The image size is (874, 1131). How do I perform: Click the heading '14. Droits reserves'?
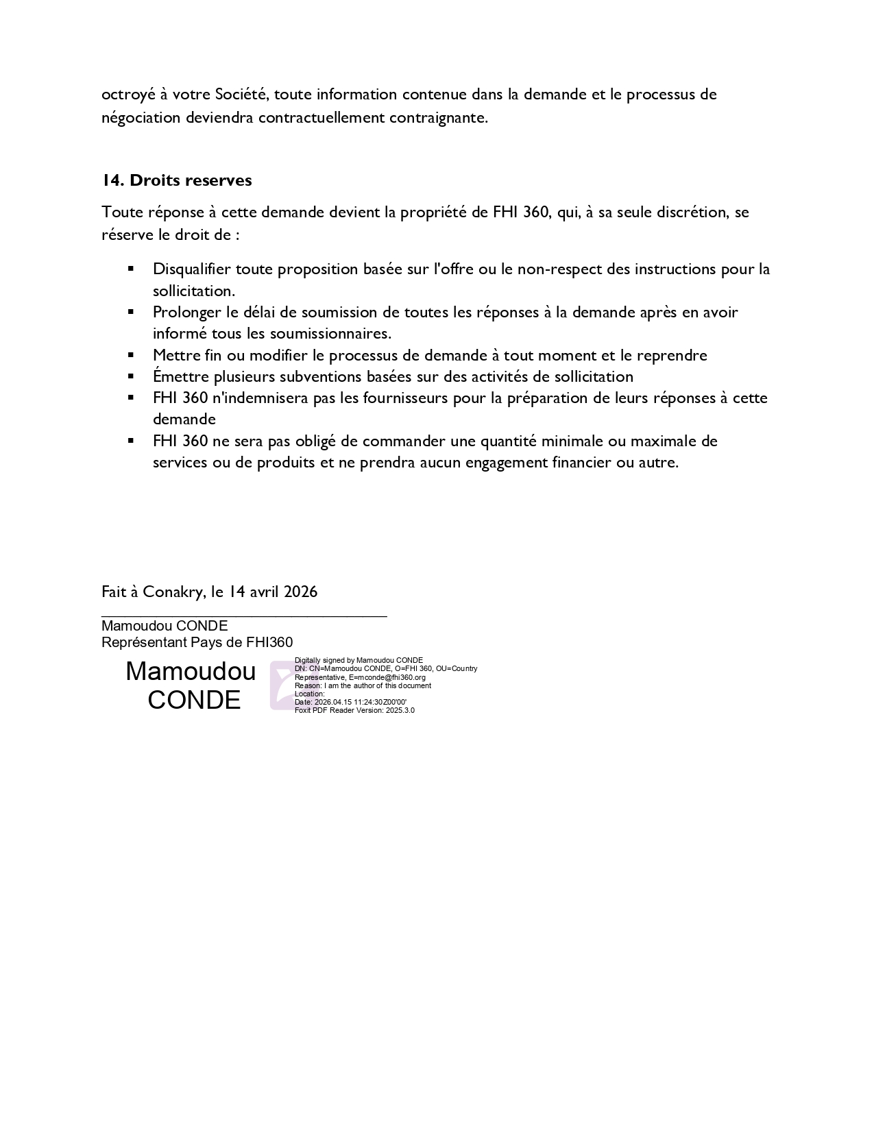coord(177,180)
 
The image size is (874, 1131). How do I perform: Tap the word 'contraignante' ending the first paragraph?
coord(438,117)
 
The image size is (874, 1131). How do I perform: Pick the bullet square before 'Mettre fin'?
coord(130,354)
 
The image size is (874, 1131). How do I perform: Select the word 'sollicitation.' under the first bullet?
coord(194,291)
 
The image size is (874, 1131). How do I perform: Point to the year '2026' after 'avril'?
coord(300,592)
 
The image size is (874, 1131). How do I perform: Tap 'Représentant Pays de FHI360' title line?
coord(197,642)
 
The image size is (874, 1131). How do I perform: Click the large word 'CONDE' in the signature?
coord(194,700)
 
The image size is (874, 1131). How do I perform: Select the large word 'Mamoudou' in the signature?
coord(191,671)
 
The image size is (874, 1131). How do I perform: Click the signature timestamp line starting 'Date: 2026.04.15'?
coord(350,702)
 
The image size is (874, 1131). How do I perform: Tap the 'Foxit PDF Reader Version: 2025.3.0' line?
coord(354,710)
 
